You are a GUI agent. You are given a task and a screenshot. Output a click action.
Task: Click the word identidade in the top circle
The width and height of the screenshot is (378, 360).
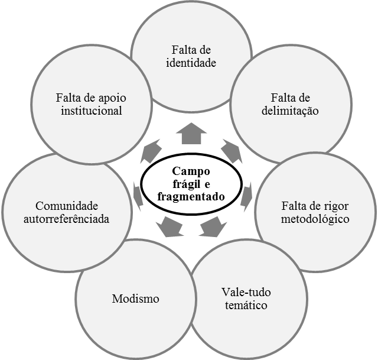(x=191, y=63)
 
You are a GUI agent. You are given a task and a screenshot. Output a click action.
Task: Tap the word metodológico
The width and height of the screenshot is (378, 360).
(x=315, y=219)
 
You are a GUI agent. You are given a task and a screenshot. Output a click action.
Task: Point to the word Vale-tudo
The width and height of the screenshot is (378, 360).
(x=246, y=292)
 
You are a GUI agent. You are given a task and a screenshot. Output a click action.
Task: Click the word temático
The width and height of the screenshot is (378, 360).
(x=246, y=305)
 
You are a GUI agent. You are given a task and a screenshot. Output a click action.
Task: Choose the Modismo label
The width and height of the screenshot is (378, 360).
(x=135, y=299)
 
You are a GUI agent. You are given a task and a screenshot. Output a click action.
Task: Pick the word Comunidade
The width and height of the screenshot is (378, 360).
(x=67, y=206)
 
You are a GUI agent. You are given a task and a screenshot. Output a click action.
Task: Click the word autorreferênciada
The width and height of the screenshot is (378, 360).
(x=67, y=219)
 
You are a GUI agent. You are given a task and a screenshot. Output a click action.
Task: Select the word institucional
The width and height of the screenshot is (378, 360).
(x=92, y=111)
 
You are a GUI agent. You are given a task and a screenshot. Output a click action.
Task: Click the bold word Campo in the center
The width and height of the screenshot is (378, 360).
(x=191, y=172)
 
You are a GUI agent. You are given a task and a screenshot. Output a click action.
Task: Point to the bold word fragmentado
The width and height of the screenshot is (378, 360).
(x=191, y=197)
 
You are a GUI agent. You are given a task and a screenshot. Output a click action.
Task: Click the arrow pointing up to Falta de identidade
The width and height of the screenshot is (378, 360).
(x=191, y=133)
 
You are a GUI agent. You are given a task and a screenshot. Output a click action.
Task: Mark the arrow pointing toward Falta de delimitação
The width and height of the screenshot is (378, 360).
(x=232, y=151)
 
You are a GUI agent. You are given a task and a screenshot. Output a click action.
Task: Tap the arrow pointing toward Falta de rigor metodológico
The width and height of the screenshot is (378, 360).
(x=246, y=197)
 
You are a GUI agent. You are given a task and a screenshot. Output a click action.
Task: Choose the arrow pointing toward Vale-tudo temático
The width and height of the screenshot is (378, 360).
(x=213, y=226)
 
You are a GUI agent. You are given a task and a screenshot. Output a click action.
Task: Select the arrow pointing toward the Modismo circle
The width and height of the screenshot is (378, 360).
(x=170, y=226)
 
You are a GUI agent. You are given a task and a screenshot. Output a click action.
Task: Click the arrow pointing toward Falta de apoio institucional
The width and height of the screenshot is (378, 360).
(x=151, y=151)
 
